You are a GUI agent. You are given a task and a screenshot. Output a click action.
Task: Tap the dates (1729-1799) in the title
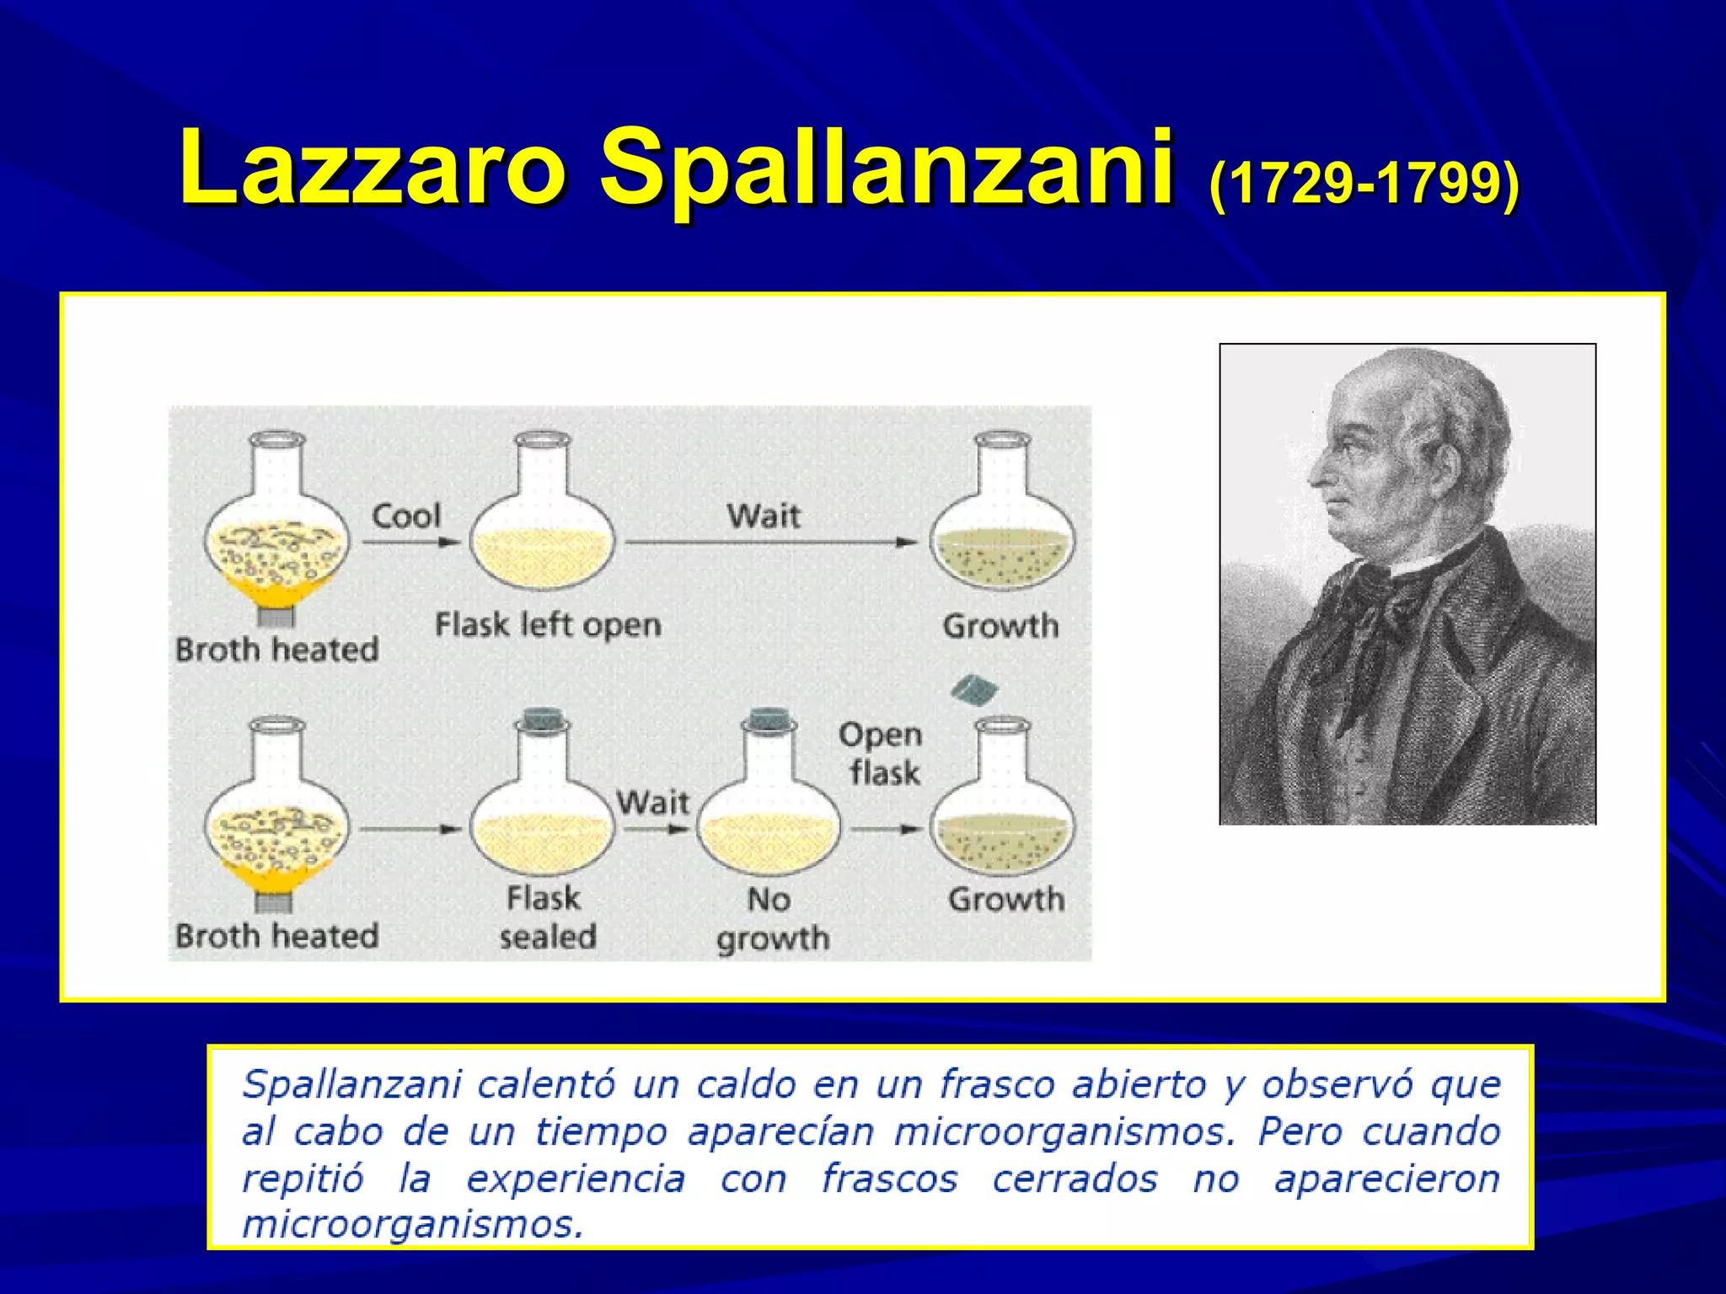pos(1363,182)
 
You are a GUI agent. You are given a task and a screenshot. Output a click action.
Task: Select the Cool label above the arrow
pos(406,516)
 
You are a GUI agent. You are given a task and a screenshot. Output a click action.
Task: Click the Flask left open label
pos(548,625)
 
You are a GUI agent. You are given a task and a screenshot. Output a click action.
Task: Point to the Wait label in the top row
pos(764,516)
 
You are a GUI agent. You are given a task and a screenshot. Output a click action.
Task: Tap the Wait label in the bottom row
pos(653,802)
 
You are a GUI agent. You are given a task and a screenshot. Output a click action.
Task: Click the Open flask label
pos(882,754)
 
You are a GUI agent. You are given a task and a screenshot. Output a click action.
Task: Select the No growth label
pos(771,919)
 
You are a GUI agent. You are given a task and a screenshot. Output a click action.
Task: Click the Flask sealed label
pos(546,917)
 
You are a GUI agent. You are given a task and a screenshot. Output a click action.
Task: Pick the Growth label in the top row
pos(1000,626)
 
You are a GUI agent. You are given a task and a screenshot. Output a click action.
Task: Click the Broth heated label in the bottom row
pos(276,936)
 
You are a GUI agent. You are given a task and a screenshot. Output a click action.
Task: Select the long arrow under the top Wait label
pos(770,543)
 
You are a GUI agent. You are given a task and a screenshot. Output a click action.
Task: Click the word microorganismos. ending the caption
pos(412,1224)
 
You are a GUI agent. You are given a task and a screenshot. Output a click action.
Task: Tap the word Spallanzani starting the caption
pos(351,1084)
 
